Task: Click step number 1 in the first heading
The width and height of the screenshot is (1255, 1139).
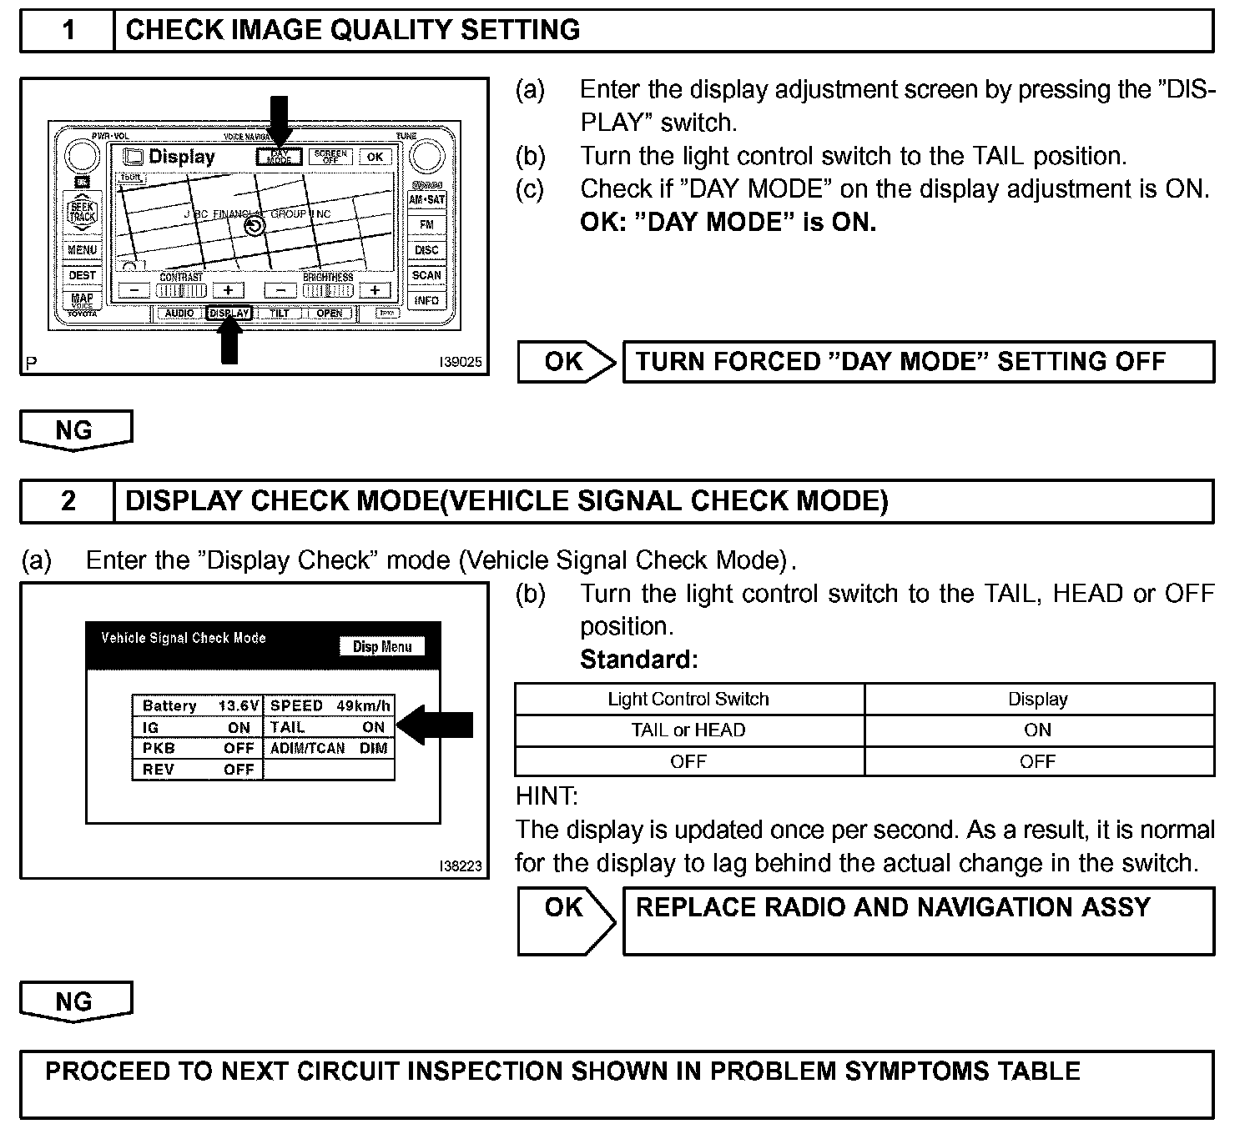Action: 68,31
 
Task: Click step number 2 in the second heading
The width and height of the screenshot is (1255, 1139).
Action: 68,501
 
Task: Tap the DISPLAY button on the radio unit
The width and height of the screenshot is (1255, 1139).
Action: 229,314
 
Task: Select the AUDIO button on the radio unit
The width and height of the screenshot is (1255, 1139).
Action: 179,314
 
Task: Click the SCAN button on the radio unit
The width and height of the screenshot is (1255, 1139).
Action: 426,275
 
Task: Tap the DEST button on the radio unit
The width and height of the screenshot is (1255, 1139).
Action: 82,275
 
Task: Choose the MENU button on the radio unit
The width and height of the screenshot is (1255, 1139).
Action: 82,250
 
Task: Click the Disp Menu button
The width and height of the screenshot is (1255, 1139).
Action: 382,647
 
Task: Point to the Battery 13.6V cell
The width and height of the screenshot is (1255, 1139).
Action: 198,706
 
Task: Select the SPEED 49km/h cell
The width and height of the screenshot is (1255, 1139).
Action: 330,706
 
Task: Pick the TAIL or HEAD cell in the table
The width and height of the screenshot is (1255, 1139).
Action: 688,730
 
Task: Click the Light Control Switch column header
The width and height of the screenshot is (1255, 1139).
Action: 688,700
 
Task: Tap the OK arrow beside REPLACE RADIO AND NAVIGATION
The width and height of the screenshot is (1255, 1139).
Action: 565,920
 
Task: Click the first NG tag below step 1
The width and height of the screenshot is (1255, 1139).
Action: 75,430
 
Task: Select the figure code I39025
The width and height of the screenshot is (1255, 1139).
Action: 461,363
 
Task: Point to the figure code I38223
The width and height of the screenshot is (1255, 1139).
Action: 461,866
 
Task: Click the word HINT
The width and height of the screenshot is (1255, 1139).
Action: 547,796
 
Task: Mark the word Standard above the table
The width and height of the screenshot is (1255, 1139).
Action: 638,660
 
